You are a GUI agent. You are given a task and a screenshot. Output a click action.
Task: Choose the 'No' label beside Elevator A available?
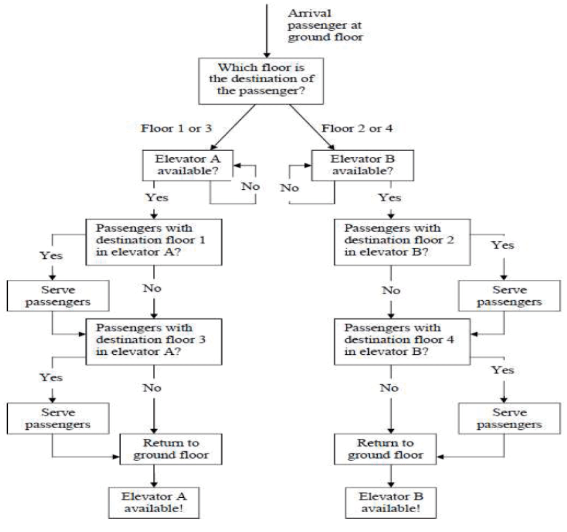250,186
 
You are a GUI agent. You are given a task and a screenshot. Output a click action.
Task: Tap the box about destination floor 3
154,340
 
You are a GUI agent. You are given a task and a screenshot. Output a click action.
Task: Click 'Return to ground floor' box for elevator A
171,449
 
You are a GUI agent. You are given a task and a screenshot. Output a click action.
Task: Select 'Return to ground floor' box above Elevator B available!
385,449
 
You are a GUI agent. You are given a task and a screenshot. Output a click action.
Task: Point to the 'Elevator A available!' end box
154,503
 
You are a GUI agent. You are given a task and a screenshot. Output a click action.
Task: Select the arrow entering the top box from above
264,30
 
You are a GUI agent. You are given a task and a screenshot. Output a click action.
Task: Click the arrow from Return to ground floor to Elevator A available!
155,476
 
